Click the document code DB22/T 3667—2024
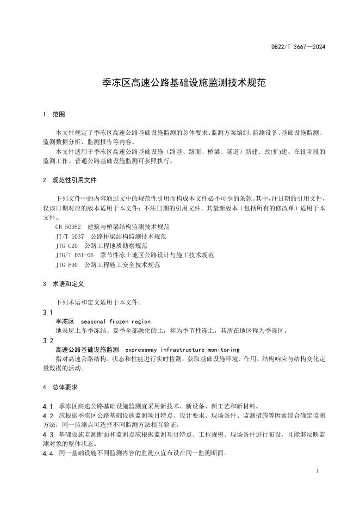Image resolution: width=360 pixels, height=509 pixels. pyautogui.click(x=298, y=47)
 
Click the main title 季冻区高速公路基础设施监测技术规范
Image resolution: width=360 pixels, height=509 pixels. pyautogui.click(x=179, y=83)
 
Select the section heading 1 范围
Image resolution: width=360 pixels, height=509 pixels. pyautogui.click(x=53, y=115)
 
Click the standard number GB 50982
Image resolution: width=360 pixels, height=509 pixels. pyautogui.click(x=68, y=226)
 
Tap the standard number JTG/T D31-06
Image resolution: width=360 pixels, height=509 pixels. pyautogui.click(x=75, y=255)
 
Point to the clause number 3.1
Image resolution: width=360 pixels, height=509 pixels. pyautogui.click(x=47, y=313)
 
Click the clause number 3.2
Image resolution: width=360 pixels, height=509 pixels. pyautogui.click(x=47, y=340)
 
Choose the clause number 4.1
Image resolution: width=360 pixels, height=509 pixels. pyautogui.click(x=47, y=406)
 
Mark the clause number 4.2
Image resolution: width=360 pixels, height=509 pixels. pyautogui.click(x=47, y=415)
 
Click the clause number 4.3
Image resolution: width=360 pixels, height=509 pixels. pyautogui.click(x=47, y=434)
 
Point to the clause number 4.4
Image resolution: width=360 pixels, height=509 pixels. pyautogui.click(x=47, y=453)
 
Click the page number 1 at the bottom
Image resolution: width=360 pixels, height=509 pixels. pyautogui.click(x=316, y=470)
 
